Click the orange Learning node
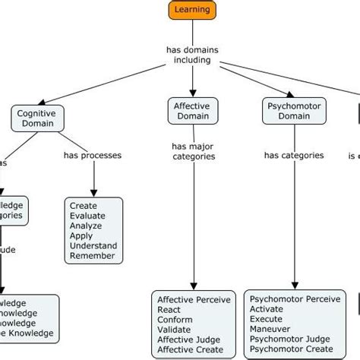192,10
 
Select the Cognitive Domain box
38,118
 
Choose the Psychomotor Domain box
289,112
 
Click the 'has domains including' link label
192,54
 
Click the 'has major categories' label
192,151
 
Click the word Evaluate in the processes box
88,216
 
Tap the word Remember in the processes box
92,256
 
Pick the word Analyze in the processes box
87,226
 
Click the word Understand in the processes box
93,246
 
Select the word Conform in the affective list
175,320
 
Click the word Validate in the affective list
175,330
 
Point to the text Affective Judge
191,339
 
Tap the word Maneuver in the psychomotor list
270,330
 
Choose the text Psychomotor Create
290,349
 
